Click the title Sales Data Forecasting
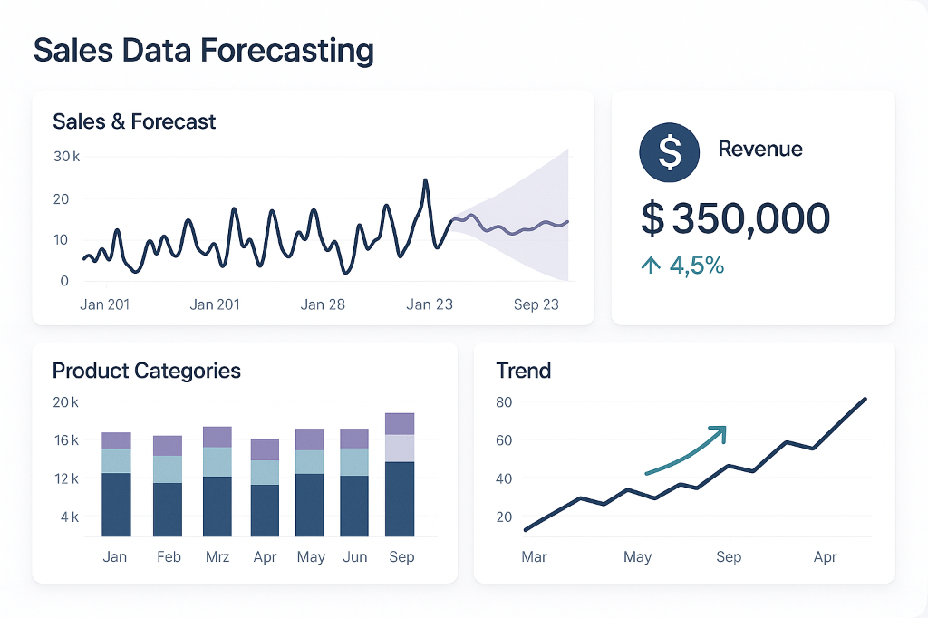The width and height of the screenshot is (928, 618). [x=203, y=50]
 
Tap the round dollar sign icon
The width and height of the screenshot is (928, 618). [x=669, y=152]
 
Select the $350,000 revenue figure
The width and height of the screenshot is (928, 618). [x=735, y=218]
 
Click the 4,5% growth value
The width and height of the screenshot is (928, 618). [x=696, y=266]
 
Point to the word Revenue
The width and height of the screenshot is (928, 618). [x=759, y=150]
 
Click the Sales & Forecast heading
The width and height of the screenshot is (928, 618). [x=134, y=121]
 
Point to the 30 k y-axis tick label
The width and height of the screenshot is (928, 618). [x=66, y=157]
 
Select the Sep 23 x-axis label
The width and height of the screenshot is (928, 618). [x=536, y=304]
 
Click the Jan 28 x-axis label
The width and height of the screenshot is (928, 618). [x=324, y=304]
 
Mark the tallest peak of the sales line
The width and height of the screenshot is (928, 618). [x=425, y=181]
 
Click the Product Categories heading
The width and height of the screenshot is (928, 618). [x=147, y=371]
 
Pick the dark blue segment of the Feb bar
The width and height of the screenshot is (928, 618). [x=168, y=508]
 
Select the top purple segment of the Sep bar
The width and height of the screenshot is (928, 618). [x=400, y=424]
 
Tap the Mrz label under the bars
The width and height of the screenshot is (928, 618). [x=217, y=556]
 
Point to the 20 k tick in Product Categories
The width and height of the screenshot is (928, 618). [x=66, y=402]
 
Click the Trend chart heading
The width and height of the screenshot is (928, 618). [x=524, y=371]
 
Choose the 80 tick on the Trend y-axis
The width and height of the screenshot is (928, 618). [x=505, y=401]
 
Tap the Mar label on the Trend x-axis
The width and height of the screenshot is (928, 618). [x=534, y=556]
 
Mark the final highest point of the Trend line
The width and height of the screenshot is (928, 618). [x=865, y=399]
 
